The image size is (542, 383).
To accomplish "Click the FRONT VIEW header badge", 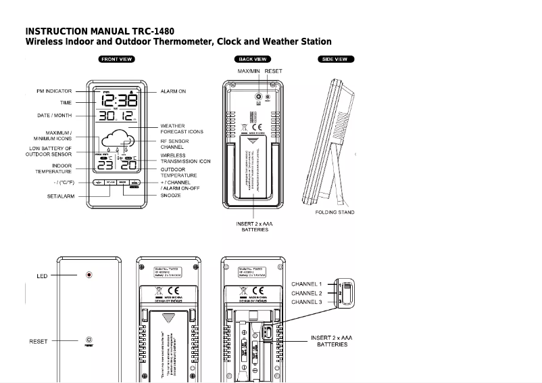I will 116,60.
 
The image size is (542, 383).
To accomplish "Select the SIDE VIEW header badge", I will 334,60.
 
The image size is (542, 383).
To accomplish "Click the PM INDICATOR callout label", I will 54,91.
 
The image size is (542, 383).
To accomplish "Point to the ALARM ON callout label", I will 173,91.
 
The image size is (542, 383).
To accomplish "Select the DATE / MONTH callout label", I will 54,116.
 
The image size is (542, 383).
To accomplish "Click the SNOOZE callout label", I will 170,196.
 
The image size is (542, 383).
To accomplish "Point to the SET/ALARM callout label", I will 61,196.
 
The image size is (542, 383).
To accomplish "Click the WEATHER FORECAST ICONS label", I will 181,129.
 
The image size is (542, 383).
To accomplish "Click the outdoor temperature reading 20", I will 128,166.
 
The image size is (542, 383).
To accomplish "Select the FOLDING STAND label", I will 335,212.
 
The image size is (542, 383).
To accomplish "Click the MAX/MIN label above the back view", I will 248,71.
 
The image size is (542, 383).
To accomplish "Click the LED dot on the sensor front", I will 89,275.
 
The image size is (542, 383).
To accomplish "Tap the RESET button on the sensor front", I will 89,340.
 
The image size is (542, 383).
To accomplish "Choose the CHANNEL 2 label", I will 306,293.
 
